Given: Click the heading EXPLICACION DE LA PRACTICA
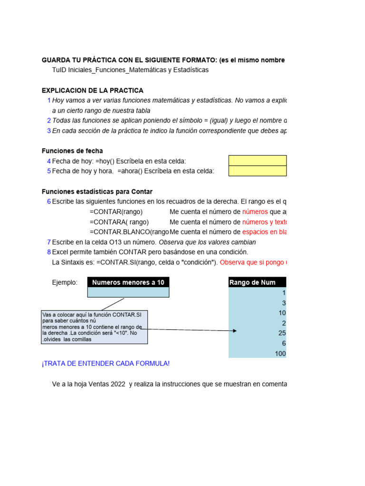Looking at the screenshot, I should tap(92, 90).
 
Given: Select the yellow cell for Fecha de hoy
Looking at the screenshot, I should tap(257, 160).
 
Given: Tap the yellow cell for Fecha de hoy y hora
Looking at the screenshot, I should tap(257, 171).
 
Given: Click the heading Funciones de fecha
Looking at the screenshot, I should tap(72, 151).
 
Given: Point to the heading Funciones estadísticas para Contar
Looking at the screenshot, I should tap(97, 192).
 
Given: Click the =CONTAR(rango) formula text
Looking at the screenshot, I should tap(116, 212).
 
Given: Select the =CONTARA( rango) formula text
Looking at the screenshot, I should tap(119, 222).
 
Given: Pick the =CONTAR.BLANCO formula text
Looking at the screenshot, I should tap(129, 232).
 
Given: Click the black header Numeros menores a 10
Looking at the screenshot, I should tap(128, 282).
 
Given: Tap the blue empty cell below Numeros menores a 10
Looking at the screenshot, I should tap(128, 292).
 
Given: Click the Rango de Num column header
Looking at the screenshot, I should tap(257, 282).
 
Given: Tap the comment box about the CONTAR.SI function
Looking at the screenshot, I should tap(95, 327).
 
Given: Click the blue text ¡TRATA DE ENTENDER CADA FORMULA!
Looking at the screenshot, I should tap(106, 364).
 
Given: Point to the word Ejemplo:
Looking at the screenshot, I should tap(65, 282).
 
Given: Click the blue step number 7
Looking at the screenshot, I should tap(48, 242).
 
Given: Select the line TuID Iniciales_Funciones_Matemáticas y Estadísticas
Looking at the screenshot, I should tap(130, 70).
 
